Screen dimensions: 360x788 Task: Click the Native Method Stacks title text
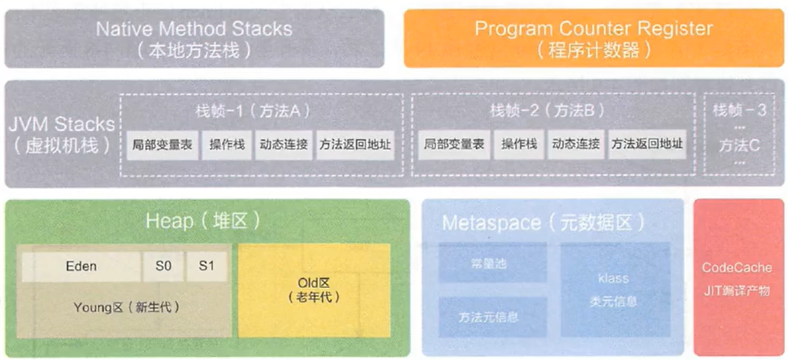pos(194,30)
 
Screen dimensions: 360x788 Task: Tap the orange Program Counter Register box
pos(593,39)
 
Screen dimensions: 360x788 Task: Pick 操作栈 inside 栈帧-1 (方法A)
pos(227,144)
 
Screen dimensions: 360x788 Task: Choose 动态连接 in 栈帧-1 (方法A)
pos(284,144)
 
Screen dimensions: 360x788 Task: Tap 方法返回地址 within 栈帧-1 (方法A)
pos(354,144)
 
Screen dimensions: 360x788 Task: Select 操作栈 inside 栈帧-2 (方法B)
pos(519,144)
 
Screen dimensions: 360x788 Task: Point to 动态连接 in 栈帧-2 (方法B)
pos(576,144)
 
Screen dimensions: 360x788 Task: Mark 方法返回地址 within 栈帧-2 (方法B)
pos(646,144)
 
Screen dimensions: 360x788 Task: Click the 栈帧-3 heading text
pos(739,110)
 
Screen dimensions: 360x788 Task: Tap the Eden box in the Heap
pos(81,266)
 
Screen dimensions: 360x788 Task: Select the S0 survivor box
pos(163,266)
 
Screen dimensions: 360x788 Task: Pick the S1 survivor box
pos(205,266)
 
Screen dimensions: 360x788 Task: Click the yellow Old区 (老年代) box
pos(315,291)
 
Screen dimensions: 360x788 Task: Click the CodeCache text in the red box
pos(737,268)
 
